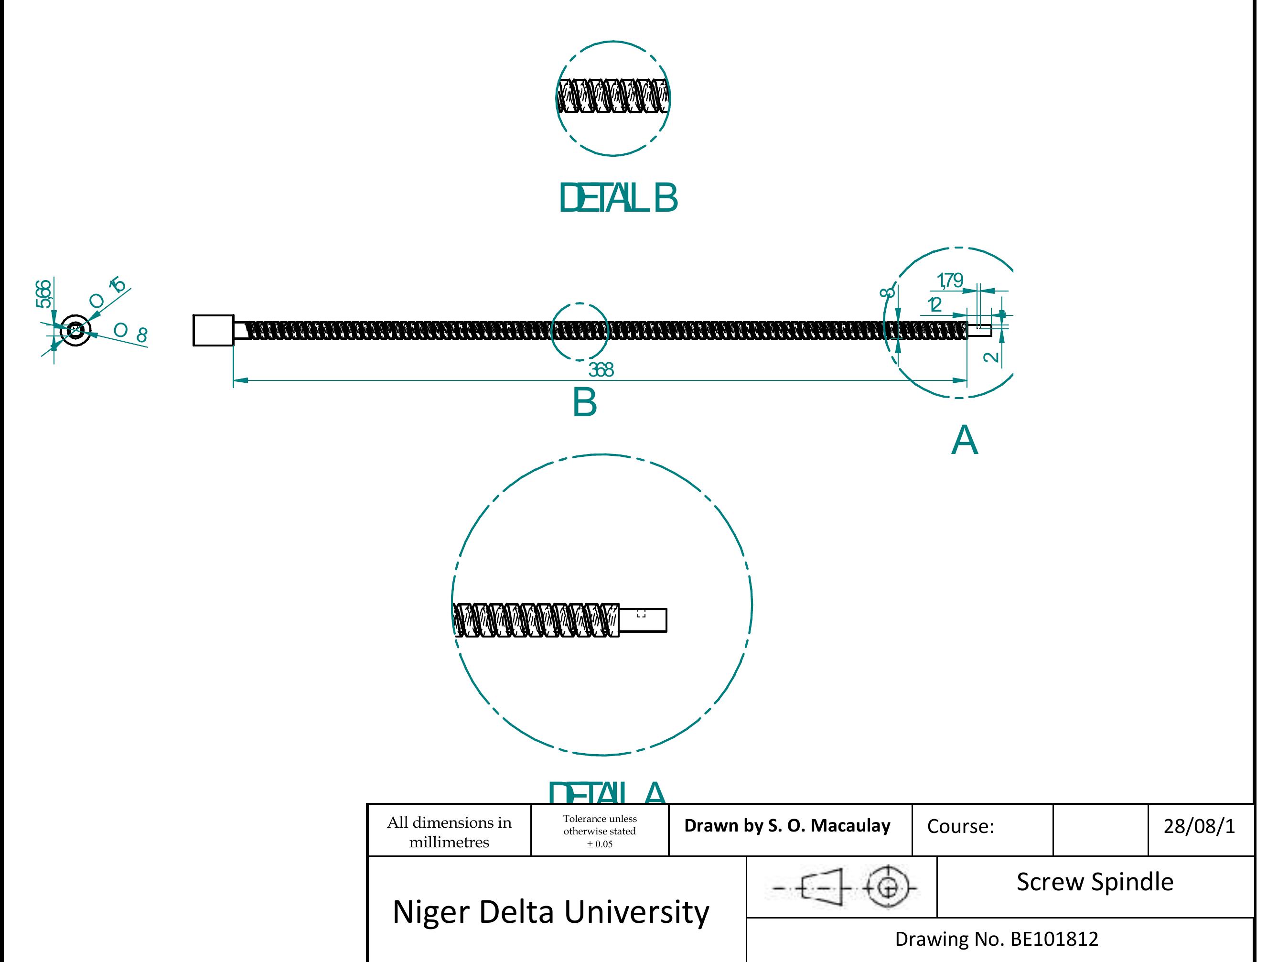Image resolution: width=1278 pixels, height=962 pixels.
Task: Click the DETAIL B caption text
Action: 618,198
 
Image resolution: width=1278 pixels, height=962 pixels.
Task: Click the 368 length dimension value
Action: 601,370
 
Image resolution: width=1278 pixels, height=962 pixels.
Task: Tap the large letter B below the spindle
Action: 584,403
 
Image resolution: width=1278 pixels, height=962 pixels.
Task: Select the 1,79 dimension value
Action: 950,281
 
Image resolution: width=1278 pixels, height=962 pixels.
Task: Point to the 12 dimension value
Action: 934,304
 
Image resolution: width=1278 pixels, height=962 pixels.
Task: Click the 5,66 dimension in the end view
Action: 44,293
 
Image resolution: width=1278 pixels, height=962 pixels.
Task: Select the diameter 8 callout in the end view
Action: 130,333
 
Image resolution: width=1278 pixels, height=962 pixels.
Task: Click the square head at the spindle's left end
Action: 213,331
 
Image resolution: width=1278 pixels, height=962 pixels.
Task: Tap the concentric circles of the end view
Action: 75,331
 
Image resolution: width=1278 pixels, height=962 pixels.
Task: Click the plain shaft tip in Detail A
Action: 643,620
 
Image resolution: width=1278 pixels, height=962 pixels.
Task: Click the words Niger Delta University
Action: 550,912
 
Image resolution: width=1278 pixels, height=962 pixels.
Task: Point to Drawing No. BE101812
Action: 996,939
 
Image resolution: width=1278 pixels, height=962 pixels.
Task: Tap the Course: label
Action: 960,827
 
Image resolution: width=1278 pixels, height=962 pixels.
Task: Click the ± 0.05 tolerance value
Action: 600,844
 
